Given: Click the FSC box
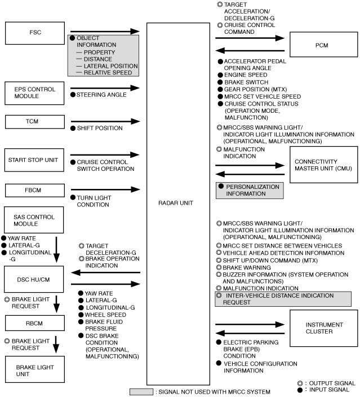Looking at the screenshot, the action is point(35,33).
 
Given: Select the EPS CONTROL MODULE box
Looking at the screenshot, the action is point(34,93).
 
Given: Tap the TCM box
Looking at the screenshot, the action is point(35,122).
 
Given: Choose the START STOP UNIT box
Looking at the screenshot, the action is point(34,160).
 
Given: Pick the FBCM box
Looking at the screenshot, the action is point(35,191).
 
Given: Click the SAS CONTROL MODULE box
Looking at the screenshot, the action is point(34,220).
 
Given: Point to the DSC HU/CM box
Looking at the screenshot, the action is point(34,279).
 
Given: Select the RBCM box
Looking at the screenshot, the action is point(35,323).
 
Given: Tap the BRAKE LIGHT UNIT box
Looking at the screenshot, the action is point(35,369).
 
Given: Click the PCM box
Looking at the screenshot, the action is point(324,45).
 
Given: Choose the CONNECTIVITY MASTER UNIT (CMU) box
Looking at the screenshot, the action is point(324,165).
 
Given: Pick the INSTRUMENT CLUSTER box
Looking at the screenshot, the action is point(324,328).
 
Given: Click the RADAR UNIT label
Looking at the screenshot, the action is point(176,203).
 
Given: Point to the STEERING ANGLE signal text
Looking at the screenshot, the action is point(101,95).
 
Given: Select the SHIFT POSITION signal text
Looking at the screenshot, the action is point(100,128).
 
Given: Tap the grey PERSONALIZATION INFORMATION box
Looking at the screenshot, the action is point(250,191).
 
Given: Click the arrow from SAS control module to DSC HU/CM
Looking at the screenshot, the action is point(56,250).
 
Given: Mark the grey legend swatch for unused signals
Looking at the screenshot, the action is point(141,392).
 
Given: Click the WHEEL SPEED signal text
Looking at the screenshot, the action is point(105,315).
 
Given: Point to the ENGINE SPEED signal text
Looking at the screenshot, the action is point(246,75).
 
